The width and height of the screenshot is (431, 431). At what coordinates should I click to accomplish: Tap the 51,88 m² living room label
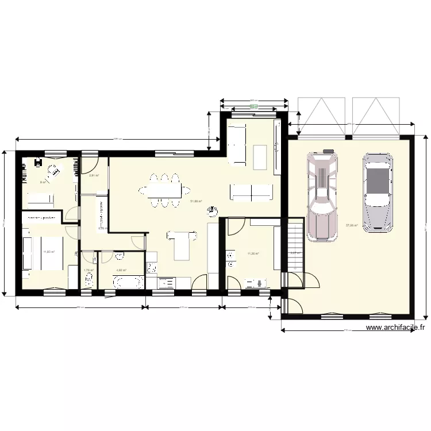196,201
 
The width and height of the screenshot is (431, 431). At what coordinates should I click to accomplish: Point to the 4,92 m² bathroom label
121,270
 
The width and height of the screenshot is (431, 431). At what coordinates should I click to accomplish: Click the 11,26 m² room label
253,253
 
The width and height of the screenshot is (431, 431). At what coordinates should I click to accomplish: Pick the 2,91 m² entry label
94,176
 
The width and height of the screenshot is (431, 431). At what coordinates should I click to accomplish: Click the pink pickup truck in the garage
322,195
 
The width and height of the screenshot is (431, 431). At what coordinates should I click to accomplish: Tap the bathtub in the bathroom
128,282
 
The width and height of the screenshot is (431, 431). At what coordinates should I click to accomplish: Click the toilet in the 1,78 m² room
88,282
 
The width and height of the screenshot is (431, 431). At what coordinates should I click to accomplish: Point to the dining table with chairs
164,190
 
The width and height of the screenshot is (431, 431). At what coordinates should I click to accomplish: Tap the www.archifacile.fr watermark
395,328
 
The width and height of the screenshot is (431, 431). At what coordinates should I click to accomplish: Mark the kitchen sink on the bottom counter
167,282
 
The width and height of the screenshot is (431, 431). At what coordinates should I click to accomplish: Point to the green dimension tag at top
254,106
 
